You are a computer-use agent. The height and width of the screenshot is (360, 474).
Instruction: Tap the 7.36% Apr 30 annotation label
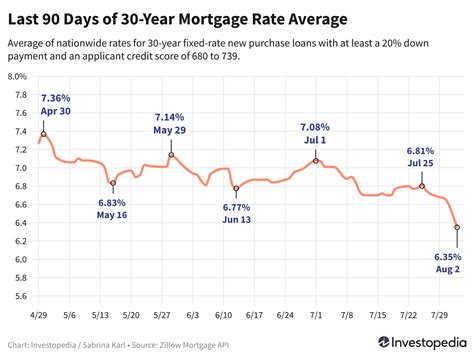57,105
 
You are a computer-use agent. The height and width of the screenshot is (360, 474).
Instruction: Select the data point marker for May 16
113,183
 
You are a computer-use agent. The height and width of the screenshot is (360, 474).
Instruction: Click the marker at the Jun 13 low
236,188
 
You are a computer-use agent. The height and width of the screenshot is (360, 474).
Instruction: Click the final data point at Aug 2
457,227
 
